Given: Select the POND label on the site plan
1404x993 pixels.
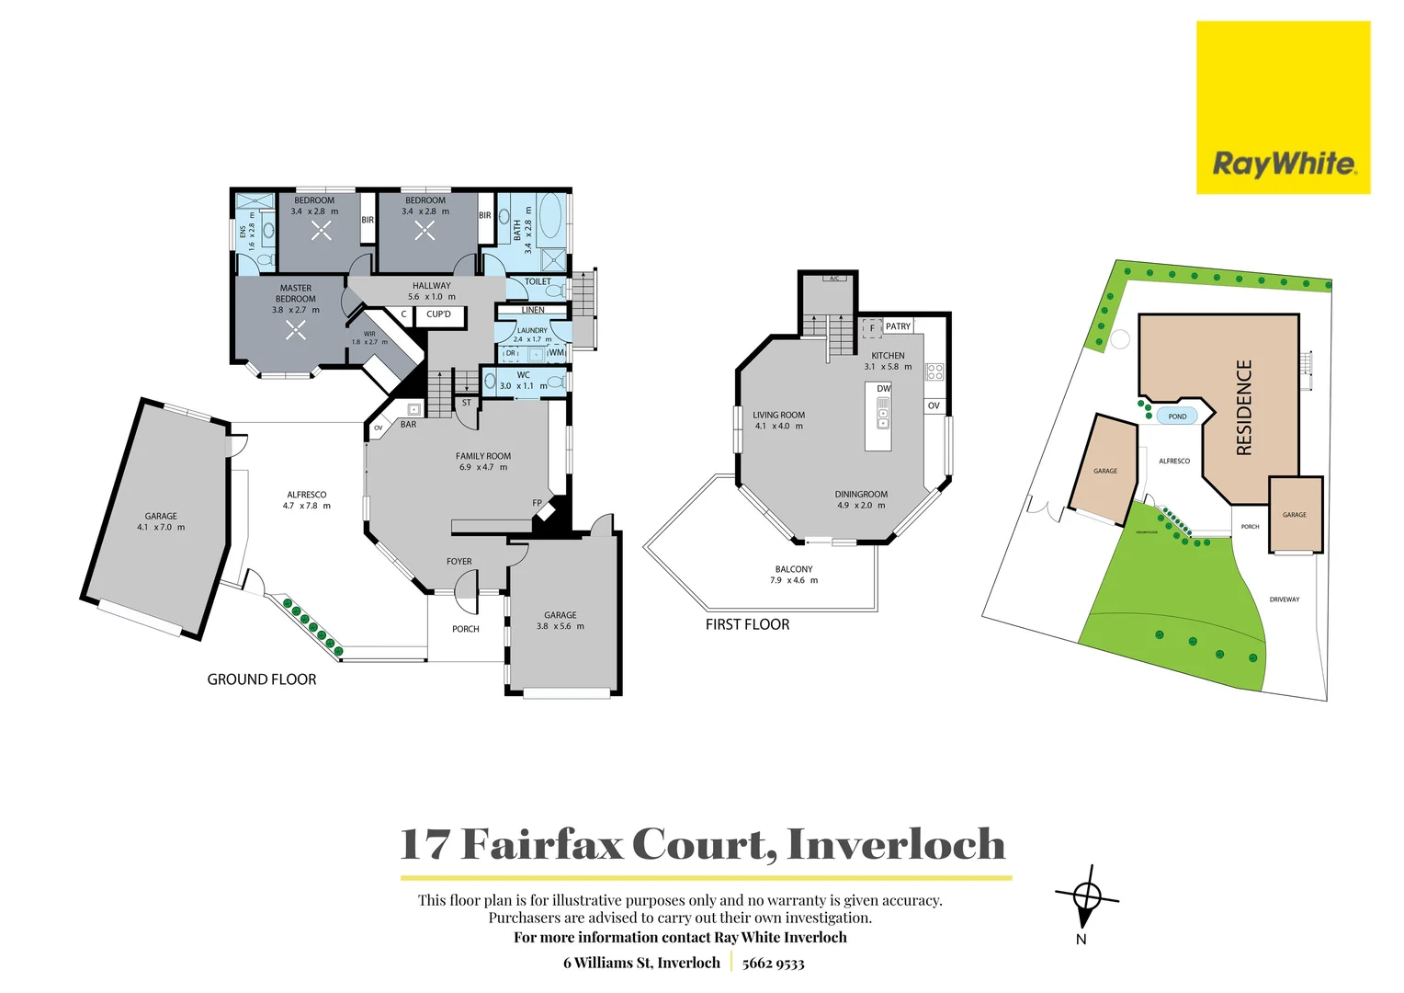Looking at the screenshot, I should coord(1177,417).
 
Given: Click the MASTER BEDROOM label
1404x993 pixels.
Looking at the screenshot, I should coord(296,293).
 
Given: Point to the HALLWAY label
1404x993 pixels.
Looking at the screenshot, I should coord(431,286).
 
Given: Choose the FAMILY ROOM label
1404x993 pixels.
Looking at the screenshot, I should coord(483,456).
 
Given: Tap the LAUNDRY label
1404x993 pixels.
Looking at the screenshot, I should coord(532,330).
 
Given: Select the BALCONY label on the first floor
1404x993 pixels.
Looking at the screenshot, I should coord(794,569).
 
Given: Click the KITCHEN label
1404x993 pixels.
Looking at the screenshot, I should coord(888,356).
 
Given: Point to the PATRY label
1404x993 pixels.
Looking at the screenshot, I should coord(898,326).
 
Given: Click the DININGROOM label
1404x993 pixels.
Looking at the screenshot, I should coord(861,495).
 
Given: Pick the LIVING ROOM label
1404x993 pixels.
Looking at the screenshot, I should coord(778,415).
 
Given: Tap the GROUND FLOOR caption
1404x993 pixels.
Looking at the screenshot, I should coord(262,679).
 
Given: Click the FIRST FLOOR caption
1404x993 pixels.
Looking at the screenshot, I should coord(747,624).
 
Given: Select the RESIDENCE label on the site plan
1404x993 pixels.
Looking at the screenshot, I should coord(1244,407).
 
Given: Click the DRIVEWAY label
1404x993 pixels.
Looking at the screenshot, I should coord(1285,599).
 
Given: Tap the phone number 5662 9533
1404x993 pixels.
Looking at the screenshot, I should coord(773,963).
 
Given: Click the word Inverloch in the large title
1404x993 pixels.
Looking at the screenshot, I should coord(896,844).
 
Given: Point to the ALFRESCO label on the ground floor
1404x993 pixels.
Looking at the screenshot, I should coord(306,495).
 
